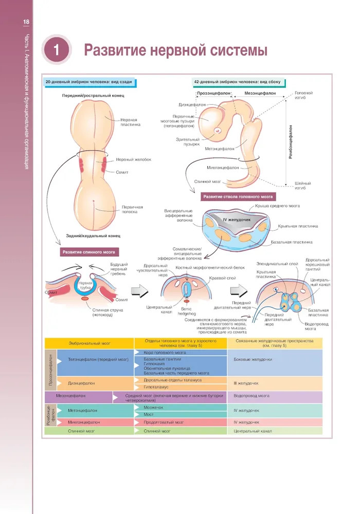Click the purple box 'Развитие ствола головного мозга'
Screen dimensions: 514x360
[x=238, y=197]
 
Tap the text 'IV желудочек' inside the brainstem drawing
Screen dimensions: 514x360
[x=236, y=220]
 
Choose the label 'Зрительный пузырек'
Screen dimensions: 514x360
[x=187, y=141]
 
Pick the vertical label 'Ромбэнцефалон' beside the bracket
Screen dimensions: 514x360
[x=291, y=141]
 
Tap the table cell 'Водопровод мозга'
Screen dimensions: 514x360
[x=251, y=396]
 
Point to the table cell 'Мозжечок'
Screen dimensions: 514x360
[x=154, y=407]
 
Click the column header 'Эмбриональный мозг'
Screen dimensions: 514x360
[x=88, y=342]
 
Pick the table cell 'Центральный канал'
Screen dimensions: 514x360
[x=253, y=431]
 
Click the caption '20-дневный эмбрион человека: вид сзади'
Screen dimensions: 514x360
[x=88, y=82]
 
